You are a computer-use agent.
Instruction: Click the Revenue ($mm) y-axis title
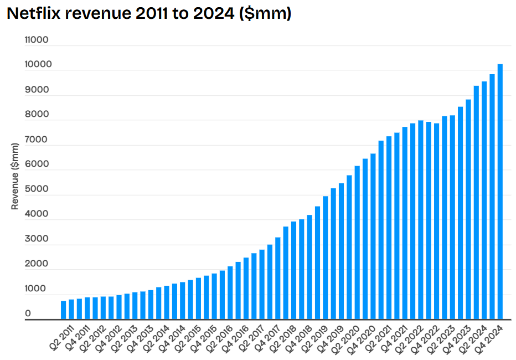(15, 176)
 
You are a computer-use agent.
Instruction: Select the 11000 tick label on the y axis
(37, 40)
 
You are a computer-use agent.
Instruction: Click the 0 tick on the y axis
(28, 313)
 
